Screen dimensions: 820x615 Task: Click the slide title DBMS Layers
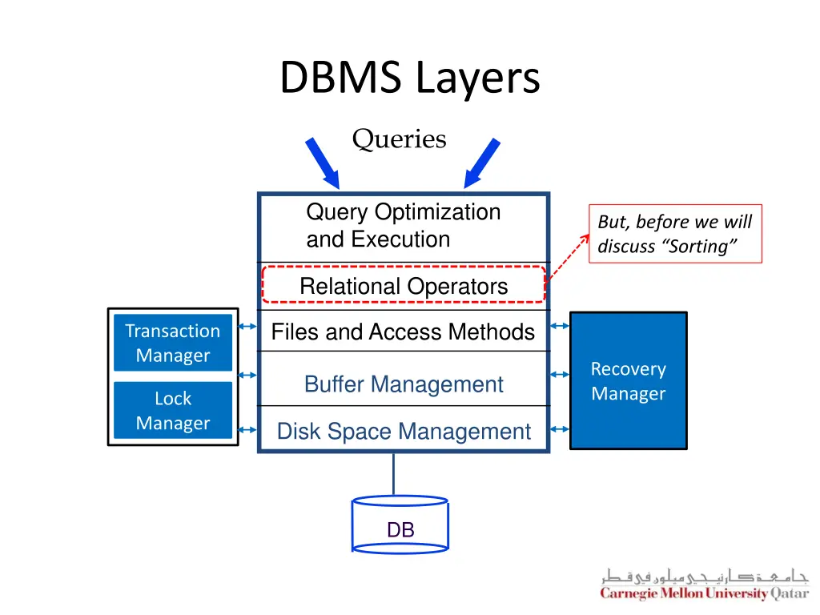pos(410,78)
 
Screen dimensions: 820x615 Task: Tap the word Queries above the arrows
pos(399,139)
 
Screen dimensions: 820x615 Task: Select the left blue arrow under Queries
pos(323,163)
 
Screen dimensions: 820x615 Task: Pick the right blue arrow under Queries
pos(482,163)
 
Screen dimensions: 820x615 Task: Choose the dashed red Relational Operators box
pos(404,286)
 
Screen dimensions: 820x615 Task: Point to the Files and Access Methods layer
pos(404,332)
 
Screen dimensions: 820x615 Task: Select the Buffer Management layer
pos(404,384)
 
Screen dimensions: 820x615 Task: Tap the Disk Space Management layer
pos(404,431)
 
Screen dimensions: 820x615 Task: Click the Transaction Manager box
pos(173,343)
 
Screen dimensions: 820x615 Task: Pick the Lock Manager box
pos(173,410)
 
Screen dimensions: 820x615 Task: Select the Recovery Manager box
pos(629,380)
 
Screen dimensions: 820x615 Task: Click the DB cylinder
pos(400,525)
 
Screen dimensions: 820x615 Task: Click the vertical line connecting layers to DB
pos(393,474)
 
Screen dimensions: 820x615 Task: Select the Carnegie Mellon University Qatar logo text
pos(705,593)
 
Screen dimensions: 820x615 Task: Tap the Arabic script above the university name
pos(705,576)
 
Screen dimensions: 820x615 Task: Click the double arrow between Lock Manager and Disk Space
pos(247,430)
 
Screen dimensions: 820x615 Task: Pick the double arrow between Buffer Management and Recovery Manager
pos(560,375)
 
